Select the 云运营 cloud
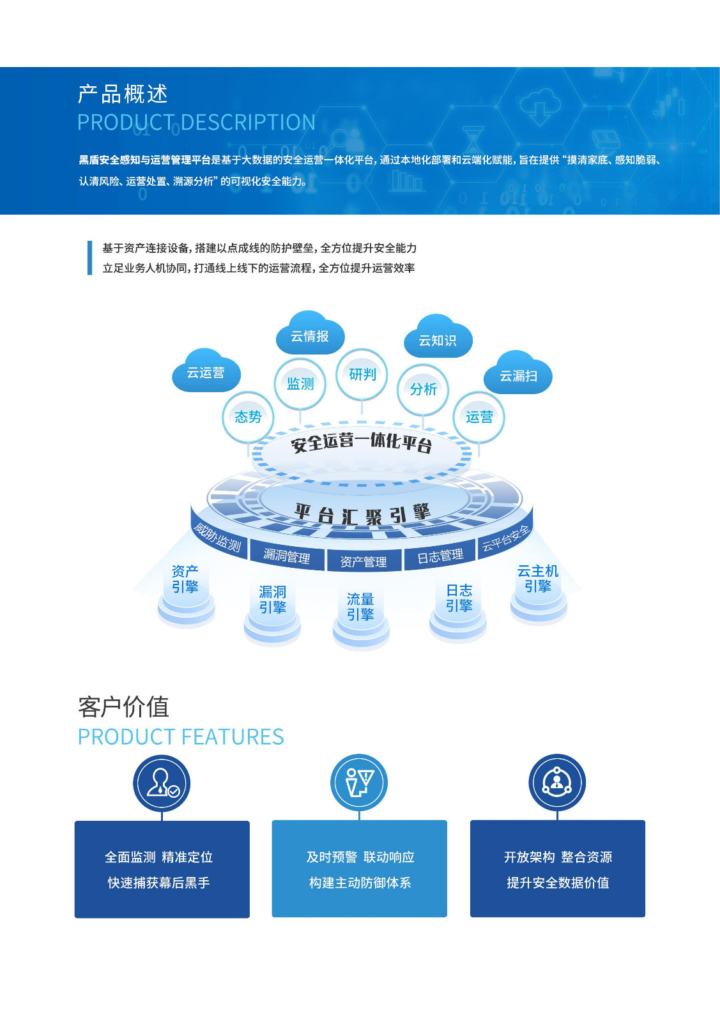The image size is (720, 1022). tap(206, 372)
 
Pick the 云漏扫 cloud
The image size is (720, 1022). tap(518, 376)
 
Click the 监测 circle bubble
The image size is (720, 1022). tap(300, 383)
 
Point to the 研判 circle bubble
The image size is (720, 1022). tap(362, 374)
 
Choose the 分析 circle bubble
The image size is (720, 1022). tap(423, 389)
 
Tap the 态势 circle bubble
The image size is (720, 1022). tap(248, 417)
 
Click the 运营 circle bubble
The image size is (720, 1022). tap(479, 417)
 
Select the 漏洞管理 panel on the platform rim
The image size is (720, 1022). tap(287, 556)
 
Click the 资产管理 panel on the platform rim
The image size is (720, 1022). tap(364, 561)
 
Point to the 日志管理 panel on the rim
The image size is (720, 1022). tap(440, 556)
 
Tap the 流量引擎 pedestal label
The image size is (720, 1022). tap(360, 607)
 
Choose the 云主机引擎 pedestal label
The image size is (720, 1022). tap(538, 578)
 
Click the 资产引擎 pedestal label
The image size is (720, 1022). tap(185, 579)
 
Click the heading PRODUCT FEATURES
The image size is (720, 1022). tap(181, 736)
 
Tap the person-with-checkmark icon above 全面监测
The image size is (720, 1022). tap(162, 783)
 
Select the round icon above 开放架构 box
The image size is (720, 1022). tap(557, 782)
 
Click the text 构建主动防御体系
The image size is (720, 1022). tap(360, 883)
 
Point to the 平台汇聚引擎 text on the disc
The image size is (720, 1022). tap(362, 513)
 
